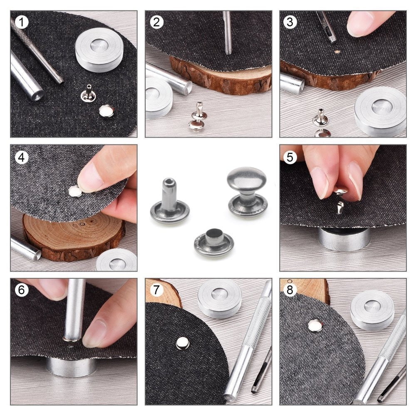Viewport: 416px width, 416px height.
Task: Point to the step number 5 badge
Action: (x=290, y=156)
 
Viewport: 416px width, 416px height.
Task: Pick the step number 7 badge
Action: (x=156, y=290)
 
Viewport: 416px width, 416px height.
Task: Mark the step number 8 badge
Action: (x=290, y=290)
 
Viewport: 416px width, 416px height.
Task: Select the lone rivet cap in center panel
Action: (x=213, y=244)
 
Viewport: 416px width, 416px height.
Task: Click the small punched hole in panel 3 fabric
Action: (x=337, y=52)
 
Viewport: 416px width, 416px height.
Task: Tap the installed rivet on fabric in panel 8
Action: (x=315, y=326)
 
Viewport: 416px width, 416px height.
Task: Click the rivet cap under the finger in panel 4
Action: (x=75, y=191)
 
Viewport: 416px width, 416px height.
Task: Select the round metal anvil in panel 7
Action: (x=219, y=298)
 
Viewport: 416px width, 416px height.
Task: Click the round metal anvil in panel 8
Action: (x=371, y=309)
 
